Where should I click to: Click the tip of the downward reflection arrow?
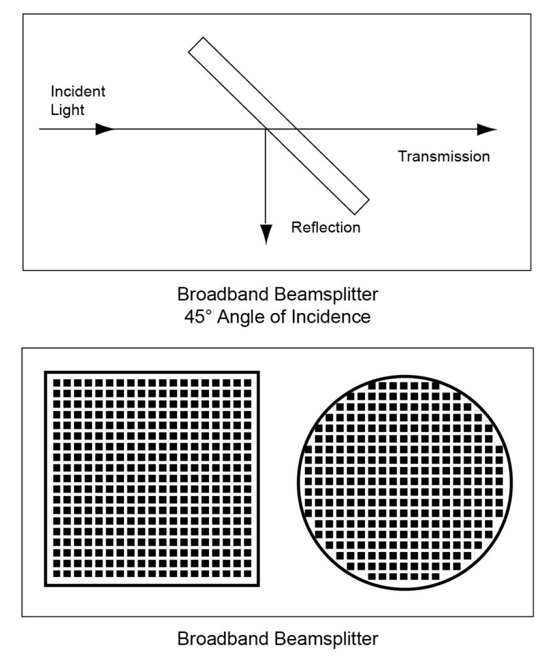[x=266, y=244]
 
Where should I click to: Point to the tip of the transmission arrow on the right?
[x=497, y=129]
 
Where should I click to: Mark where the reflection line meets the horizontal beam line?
[x=266, y=129]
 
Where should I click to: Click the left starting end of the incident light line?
[x=39, y=129]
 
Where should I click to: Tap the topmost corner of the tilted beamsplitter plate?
[x=202, y=37]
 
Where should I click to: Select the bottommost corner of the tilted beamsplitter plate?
[x=355, y=214]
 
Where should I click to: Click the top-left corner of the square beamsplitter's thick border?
[x=45, y=372]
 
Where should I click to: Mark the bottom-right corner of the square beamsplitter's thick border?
[x=259, y=586]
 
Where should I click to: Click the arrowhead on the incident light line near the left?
[x=105, y=129]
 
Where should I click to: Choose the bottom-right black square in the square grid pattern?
[x=247, y=574]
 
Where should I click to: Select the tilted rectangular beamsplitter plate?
[x=279, y=126]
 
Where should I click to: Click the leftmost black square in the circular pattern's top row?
[x=372, y=385]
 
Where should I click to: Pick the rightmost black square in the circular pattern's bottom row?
[x=436, y=577]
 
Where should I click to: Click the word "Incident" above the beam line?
[x=78, y=91]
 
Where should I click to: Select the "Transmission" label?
[x=444, y=156]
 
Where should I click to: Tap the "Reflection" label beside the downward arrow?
[x=326, y=227]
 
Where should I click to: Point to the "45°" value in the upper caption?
[x=198, y=317]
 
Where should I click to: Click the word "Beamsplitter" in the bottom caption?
[x=326, y=639]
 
